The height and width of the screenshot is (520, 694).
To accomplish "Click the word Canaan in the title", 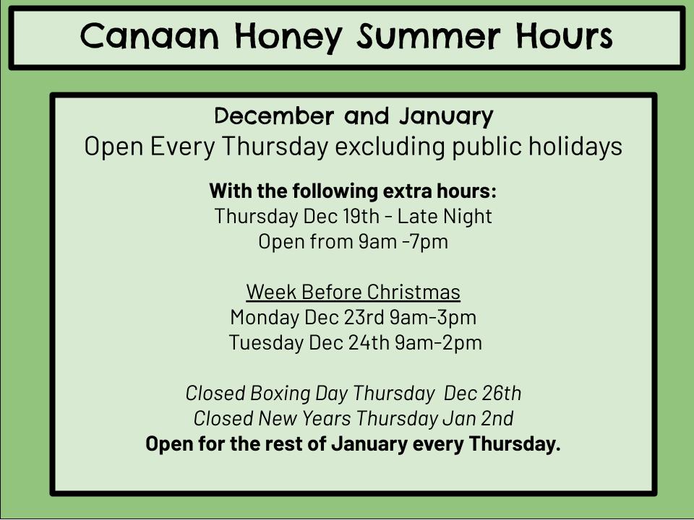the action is [x=150, y=36].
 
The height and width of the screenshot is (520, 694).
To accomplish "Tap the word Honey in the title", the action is [x=288, y=38].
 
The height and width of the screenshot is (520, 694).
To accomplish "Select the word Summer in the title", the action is [x=429, y=36].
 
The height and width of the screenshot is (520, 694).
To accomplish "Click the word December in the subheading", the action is [x=273, y=116].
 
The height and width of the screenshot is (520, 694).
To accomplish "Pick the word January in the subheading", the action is [x=446, y=117].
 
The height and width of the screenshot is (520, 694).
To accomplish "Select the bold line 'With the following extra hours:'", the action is [x=353, y=191].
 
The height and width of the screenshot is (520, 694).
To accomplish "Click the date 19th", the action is [x=361, y=216].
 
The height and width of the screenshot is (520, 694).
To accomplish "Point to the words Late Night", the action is [x=445, y=217].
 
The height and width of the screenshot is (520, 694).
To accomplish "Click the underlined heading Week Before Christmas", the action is [x=354, y=292].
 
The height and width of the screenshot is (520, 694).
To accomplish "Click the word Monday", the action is [x=265, y=318].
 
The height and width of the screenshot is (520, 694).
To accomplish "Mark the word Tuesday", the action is [x=267, y=343].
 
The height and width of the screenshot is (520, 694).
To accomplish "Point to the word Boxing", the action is [x=280, y=394].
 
